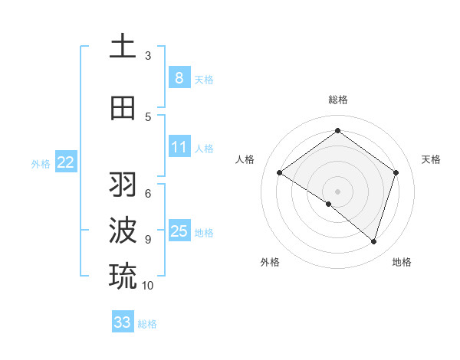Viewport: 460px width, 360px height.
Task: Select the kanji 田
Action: (123, 109)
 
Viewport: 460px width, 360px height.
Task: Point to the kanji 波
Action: (123, 230)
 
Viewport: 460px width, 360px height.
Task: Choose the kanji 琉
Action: (123, 274)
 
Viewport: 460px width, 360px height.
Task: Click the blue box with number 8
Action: (179, 77)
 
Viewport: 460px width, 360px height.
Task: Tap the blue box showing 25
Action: (179, 231)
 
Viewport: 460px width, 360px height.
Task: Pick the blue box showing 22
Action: (66, 162)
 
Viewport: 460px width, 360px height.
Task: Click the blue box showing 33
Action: (122, 322)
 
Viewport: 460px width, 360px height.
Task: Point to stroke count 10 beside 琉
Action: (148, 286)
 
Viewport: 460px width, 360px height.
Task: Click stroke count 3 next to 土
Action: (148, 56)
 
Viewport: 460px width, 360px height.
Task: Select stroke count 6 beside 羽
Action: (148, 193)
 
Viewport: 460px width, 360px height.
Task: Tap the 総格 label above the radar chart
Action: (337, 100)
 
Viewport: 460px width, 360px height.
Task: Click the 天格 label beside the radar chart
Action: (431, 159)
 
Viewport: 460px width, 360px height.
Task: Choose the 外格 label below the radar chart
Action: (270, 262)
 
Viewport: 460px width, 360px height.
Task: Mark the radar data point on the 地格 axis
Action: (373, 242)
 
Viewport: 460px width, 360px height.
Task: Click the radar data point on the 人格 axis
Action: (280, 173)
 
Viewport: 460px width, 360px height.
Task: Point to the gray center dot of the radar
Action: (337, 191)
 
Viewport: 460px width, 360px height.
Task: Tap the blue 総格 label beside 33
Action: (147, 324)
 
